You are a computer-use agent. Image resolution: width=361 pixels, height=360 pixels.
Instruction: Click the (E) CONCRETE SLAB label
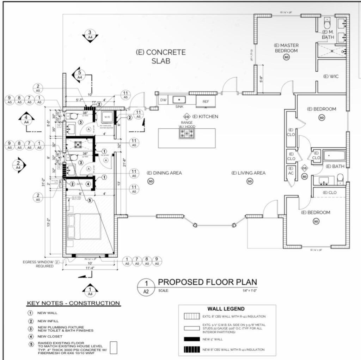[x=161, y=56]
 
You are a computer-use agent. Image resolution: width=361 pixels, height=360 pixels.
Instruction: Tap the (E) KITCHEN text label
[x=205, y=116]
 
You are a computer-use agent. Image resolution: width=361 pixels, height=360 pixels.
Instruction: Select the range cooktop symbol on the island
[x=187, y=133]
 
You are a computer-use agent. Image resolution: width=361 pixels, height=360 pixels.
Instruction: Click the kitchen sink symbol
[x=179, y=100]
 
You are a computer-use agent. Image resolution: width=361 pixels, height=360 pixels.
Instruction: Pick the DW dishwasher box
[x=163, y=100]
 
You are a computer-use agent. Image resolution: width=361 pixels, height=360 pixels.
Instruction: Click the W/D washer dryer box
[x=107, y=118]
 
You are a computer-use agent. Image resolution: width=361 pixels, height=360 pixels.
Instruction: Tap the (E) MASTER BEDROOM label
[x=286, y=48]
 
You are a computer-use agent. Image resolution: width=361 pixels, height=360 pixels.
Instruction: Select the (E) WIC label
[x=331, y=76]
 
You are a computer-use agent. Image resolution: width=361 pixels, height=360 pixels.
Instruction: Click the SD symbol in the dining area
[x=151, y=181]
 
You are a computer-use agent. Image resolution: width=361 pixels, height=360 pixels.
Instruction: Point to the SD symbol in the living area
[x=250, y=181]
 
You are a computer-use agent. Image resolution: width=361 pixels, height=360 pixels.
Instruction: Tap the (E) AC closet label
[x=291, y=171]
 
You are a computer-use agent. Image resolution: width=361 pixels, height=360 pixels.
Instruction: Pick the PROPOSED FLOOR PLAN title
[x=207, y=282]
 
